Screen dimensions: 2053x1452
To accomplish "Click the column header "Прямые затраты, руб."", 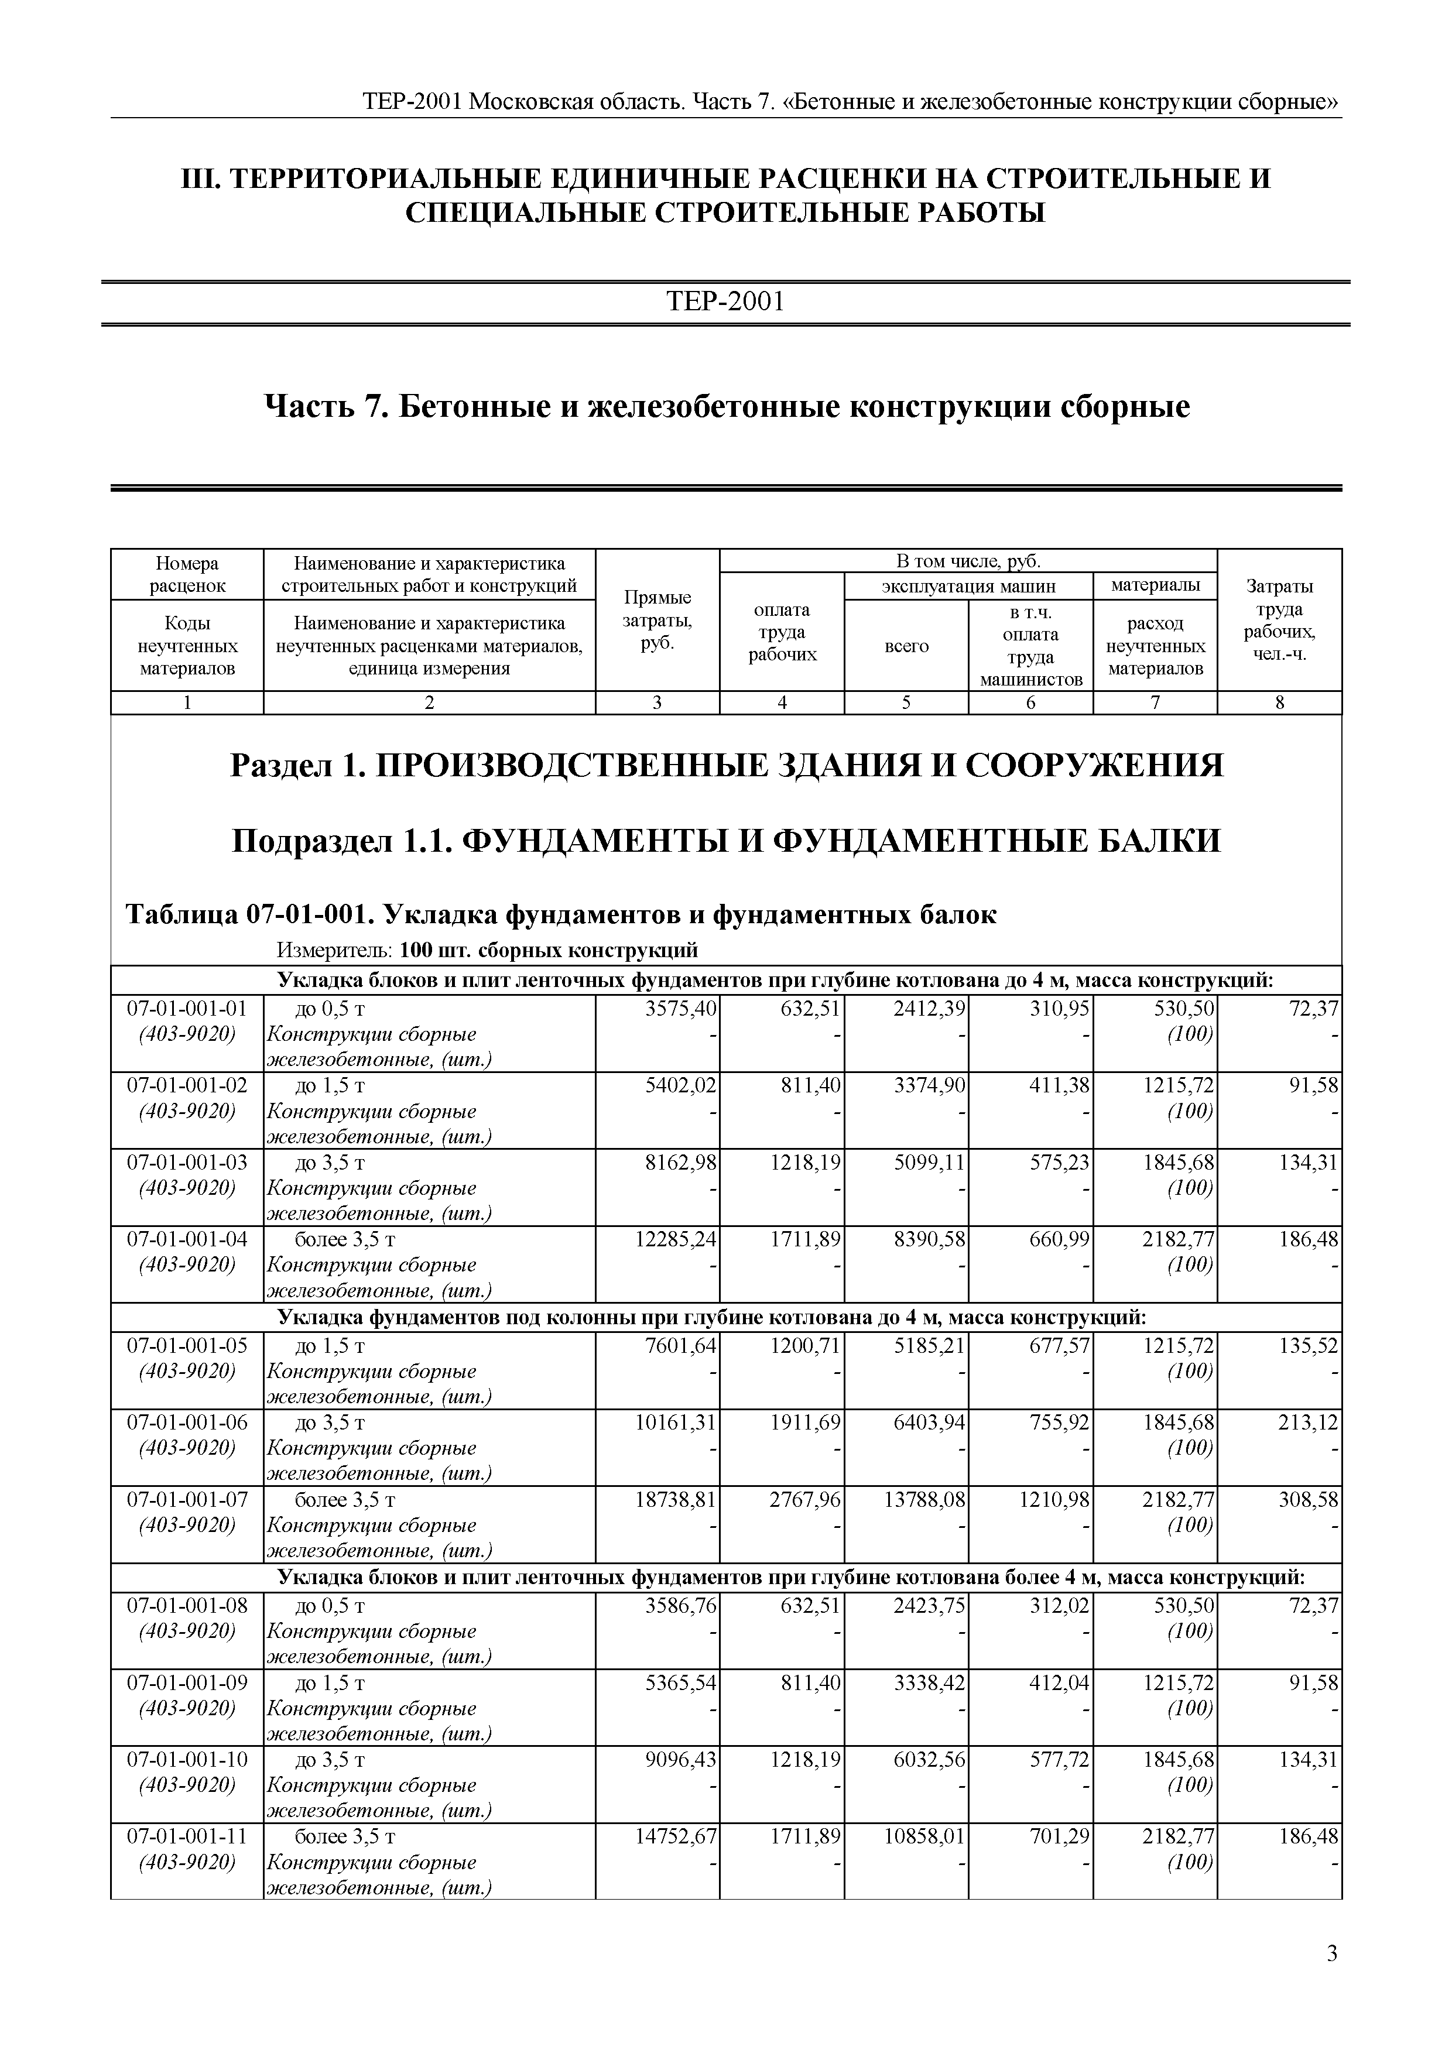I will coord(657,620).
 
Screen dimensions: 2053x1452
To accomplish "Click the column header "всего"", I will coord(906,646).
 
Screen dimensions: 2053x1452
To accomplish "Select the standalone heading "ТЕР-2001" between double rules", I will coord(725,302).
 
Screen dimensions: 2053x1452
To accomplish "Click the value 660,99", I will coord(1058,1239).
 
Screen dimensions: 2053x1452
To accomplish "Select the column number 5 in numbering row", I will coord(906,703).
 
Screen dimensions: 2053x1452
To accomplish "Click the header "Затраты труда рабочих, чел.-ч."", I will coord(1279,620).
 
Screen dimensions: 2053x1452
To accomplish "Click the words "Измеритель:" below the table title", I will coord(334,950).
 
